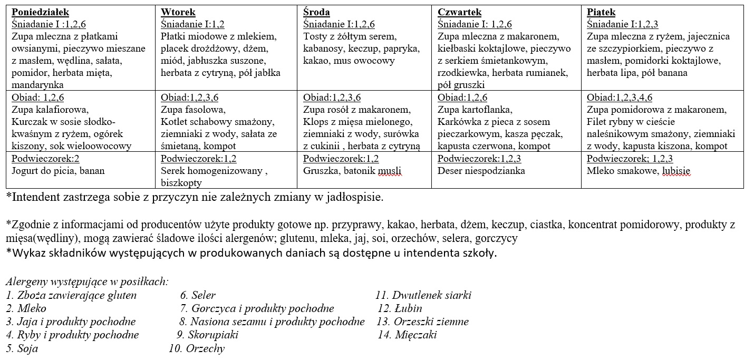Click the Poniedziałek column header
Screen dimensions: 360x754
pos(40,12)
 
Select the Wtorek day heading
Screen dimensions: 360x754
pos(178,12)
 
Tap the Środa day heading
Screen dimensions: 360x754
pos(317,12)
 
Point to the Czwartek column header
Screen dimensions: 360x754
pos(460,12)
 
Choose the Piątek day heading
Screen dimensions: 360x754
pos(601,12)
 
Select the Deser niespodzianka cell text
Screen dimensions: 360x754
pos(481,170)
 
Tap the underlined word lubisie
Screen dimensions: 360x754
pos(676,170)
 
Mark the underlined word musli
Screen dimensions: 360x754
pos(390,170)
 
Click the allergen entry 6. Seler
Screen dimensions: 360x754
pos(198,296)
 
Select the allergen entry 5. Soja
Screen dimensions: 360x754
pos(22,348)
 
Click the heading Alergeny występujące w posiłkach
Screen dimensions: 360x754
pos(88,282)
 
